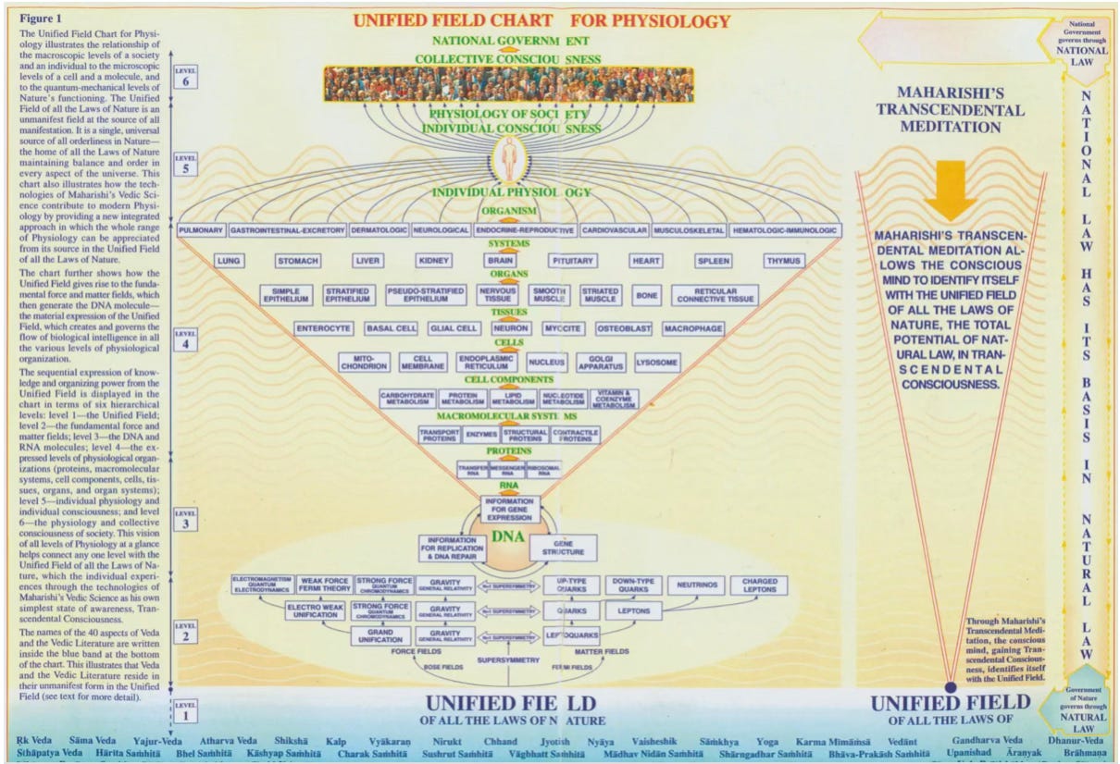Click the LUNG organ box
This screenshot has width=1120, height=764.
pos(229,261)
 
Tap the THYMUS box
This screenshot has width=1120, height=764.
pos(783,261)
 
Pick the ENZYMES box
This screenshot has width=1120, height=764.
pos(482,435)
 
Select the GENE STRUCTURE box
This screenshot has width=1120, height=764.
pos(563,547)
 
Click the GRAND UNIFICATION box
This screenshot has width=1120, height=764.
pos(380,636)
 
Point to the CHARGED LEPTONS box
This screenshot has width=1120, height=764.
pos(758,585)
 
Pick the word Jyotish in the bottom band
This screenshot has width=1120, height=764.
pos(555,742)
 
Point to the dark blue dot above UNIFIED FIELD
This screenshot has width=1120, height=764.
pos(950,685)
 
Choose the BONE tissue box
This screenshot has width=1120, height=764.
pos(646,295)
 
